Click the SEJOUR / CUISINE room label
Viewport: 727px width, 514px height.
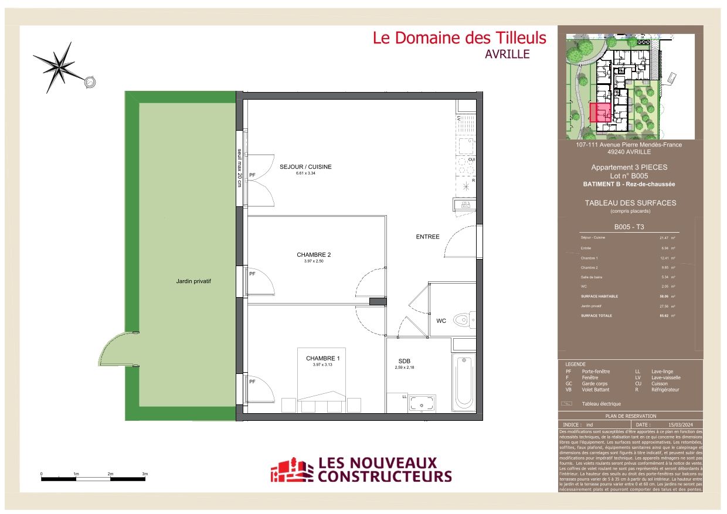(x=314, y=167)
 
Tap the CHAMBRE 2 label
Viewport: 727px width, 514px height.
(x=314, y=255)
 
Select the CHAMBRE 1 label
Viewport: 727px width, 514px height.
(x=322, y=358)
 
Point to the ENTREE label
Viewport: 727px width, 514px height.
(x=427, y=237)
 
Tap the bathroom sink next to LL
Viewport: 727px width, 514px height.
(x=422, y=403)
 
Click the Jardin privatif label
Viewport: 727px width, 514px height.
(x=193, y=281)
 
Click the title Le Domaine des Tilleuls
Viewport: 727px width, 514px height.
(x=460, y=38)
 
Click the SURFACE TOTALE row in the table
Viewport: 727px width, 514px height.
(x=627, y=316)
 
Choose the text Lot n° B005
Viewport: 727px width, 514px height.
(x=630, y=175)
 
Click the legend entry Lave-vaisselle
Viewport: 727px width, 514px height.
(x=666, y=378)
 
